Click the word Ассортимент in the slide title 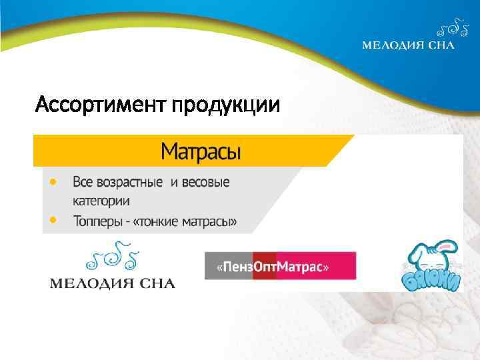pos(100,105)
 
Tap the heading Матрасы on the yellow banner pos(201,152)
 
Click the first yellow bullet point pos(53,181)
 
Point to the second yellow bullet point pos(53,219)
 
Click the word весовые pos(204,182)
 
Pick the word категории pos(101,200)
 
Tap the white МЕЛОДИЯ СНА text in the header pos(408,45)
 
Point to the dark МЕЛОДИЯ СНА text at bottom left pos(113,283)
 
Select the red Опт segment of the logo pos(265,267)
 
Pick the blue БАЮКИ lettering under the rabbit pos(432,281)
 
